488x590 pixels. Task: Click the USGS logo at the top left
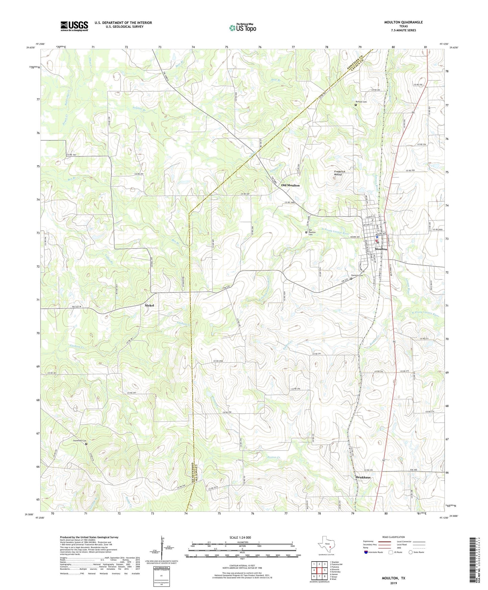coord(74,26)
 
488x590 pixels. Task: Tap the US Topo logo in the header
coord(242,28)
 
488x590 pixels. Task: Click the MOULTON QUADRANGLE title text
coord(403,22)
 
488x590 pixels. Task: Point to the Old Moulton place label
coord(290,186)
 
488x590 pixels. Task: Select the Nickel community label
coord(149,305)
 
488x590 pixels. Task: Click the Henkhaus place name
coord(363,477)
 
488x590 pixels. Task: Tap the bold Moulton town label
coord(381,249)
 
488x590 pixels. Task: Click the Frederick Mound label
coord(339,173)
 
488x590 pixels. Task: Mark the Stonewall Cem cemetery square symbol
coord(86,444)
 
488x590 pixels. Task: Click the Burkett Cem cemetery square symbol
coord(356,105)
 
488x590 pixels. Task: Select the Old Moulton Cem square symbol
coord(306,232)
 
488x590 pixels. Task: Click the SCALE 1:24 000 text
coord(240,537)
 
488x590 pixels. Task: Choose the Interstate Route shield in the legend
coord(366,552)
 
